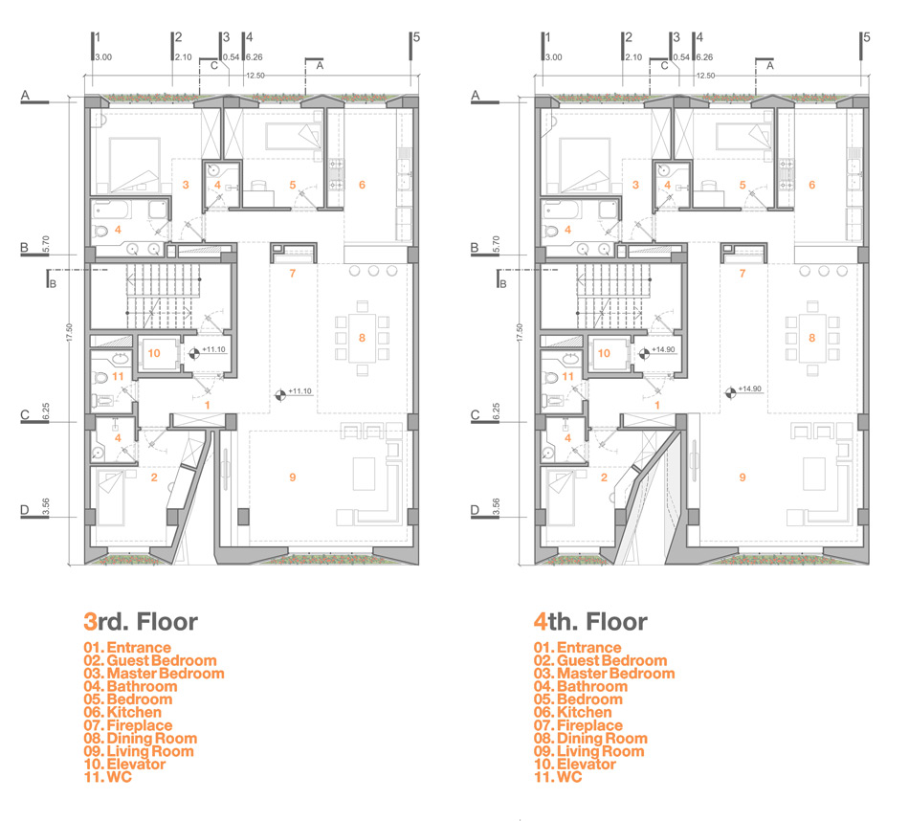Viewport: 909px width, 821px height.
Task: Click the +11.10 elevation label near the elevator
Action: (214, 349)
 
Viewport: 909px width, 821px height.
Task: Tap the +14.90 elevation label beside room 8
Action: (749, 388)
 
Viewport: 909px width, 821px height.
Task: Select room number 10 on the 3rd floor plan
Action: (154, 353)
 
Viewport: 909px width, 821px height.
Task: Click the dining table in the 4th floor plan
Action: (812, 338)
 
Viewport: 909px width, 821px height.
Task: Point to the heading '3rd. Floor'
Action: (141, 622)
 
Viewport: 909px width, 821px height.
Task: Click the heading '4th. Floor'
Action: (590, 622)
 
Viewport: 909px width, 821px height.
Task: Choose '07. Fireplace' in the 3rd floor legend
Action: (128, 725)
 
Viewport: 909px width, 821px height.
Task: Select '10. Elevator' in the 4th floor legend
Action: (574, 765)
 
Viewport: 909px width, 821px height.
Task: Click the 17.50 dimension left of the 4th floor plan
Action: (520, 332)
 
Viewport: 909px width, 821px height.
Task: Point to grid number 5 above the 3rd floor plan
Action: (416, 37)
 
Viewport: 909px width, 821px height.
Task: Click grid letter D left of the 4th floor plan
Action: (475, 510)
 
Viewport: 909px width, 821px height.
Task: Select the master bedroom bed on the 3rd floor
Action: (134, 165)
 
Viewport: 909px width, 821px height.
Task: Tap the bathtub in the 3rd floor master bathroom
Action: (112, 210)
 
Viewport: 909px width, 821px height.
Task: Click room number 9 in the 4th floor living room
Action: (743, 477)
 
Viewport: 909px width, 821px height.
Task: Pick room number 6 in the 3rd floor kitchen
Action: (362, 185)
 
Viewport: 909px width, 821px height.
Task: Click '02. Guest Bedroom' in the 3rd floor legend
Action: (150, 660)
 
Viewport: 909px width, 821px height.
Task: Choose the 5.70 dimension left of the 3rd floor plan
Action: (46, 245)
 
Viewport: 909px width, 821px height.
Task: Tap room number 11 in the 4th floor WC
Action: (567, 376)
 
